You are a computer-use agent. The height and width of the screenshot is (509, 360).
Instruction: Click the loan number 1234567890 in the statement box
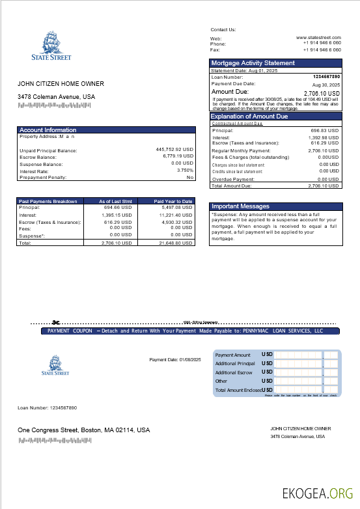tap(327, 77)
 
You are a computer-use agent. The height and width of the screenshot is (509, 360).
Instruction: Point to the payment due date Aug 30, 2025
tap(326, 85)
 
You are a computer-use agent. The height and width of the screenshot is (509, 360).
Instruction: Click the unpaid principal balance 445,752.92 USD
tap(174, 150)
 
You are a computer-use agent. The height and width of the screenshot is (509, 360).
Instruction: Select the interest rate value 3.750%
tap(185, 170)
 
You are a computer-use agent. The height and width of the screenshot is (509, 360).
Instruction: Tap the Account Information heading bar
tap(48, 130)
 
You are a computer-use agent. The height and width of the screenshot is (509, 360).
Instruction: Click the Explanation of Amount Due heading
tap(249, 117)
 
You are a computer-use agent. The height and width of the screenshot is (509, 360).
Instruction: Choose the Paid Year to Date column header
tap(173, 201)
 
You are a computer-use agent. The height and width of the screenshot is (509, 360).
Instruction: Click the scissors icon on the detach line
tap(56, 322)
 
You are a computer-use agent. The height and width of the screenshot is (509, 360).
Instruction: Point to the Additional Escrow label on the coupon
tap(234, 372)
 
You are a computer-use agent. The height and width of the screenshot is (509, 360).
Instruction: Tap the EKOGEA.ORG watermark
tap(317, 493)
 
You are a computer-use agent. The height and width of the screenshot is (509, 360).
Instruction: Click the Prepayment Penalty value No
tap(190, 177)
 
